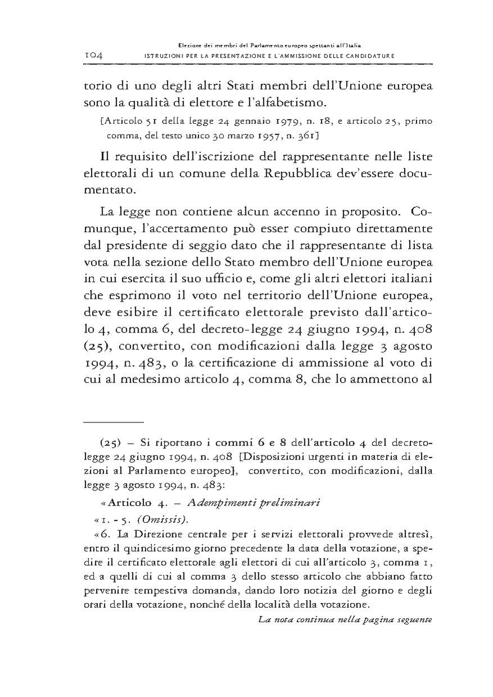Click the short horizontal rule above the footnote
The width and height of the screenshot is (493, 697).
click(x=114, y=421)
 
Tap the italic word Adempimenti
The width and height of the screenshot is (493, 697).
click(x=227, y=503)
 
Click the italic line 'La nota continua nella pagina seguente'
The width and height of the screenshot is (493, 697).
click(x=344, y=619)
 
